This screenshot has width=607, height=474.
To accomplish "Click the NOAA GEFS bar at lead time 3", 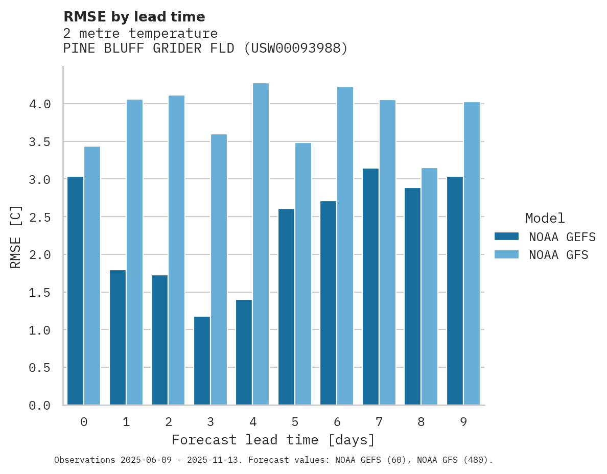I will pos(202,360).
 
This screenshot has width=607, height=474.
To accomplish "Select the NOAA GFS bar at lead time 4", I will pos(261,244).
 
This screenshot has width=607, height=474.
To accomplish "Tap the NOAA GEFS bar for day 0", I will pos(75,290).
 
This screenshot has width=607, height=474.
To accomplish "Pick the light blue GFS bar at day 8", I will pos(429,286).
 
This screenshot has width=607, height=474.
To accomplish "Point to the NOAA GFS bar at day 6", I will pos(345,246).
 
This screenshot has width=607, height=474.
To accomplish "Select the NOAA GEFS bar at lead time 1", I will pos(118,337).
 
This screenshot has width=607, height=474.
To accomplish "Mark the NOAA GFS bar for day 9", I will pos(472,253).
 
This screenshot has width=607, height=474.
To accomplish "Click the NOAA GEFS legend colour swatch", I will pos(506,236).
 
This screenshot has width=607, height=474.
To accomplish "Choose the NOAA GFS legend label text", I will pos(558,255).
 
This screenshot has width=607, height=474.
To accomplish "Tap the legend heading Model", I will pos(545,218).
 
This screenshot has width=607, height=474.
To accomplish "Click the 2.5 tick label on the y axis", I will pos(40,217).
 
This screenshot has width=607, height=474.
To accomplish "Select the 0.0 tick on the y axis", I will pos(40,406).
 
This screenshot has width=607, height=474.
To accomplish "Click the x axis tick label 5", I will pos(295,422).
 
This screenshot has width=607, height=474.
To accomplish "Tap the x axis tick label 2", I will pos(168,422).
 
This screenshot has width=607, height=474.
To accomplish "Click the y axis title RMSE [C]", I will pos(16,236).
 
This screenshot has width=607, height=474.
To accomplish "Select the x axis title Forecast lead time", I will pos(273,440).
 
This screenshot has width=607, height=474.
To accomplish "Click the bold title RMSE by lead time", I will pos(134,17).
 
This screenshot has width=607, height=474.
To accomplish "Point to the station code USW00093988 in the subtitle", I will pos(295,49).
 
